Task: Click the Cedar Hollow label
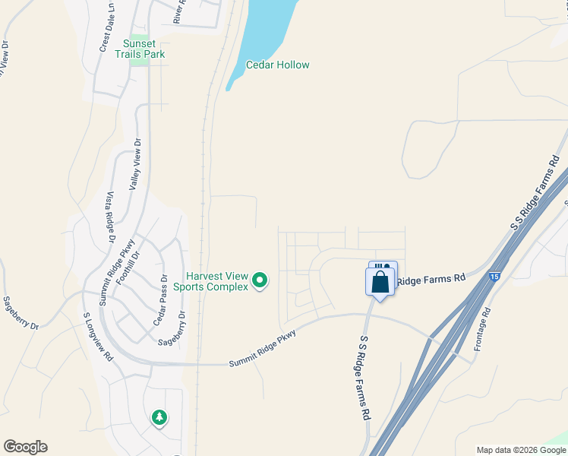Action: [x=277, y=65]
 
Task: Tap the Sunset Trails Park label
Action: [x=140, y=49]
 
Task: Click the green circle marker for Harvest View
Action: [x=260, y=281]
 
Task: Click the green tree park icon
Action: [x=159, y=417]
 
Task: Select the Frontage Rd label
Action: [x=480, y=329]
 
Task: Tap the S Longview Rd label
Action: [x=98, y=335]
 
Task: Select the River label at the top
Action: [x=178, y=11]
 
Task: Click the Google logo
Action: [x=25, y=447]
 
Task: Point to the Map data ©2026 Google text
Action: [x=520, y=450]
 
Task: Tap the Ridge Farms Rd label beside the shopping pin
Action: [x=431, y=280]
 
